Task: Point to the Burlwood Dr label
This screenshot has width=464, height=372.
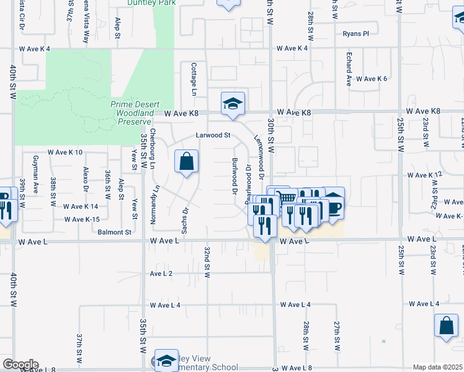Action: click(x=234, y=176)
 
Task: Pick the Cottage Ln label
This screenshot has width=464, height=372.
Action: click(x=194, y=79)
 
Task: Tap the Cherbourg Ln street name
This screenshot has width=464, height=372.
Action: click(x=152, y=148)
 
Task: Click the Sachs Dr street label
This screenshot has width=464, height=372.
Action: click(x=184, y=220)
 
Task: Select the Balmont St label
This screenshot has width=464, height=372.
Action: click(x=115, y=232)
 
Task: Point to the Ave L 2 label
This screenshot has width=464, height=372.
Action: click(x=161, y=273)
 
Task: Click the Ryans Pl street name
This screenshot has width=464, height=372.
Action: click(x=355, y=33)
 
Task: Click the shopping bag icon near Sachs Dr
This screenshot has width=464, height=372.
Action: click(x=186, y=163)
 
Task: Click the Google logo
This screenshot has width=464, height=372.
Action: click(x=20, y=365)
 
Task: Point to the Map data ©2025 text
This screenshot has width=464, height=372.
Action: click(x=437, y=367)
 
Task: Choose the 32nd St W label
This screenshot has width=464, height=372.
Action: click(x=208, y=260)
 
